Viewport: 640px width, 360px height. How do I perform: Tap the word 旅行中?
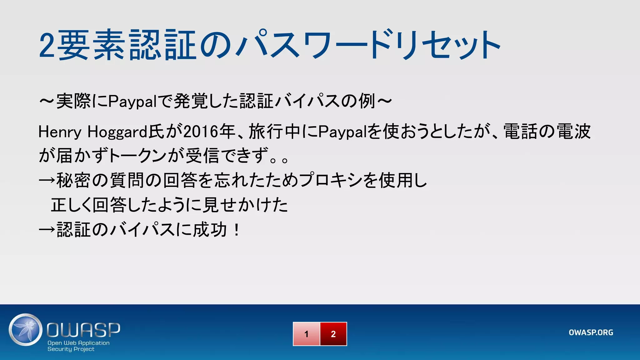pos(275,132)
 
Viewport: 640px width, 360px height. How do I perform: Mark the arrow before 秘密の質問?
pos(47,181)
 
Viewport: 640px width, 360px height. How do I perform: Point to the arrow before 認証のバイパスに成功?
pos(47,230)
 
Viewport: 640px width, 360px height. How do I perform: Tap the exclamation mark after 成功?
pos(237,230)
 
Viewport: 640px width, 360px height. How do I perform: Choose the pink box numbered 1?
pos(306,334)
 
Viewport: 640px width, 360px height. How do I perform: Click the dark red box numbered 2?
pos(333,334)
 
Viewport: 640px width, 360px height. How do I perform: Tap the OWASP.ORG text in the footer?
pos(591,332)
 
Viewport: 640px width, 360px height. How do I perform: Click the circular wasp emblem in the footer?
pos(25,330)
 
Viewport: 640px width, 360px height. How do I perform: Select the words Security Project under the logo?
pos(71,349)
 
